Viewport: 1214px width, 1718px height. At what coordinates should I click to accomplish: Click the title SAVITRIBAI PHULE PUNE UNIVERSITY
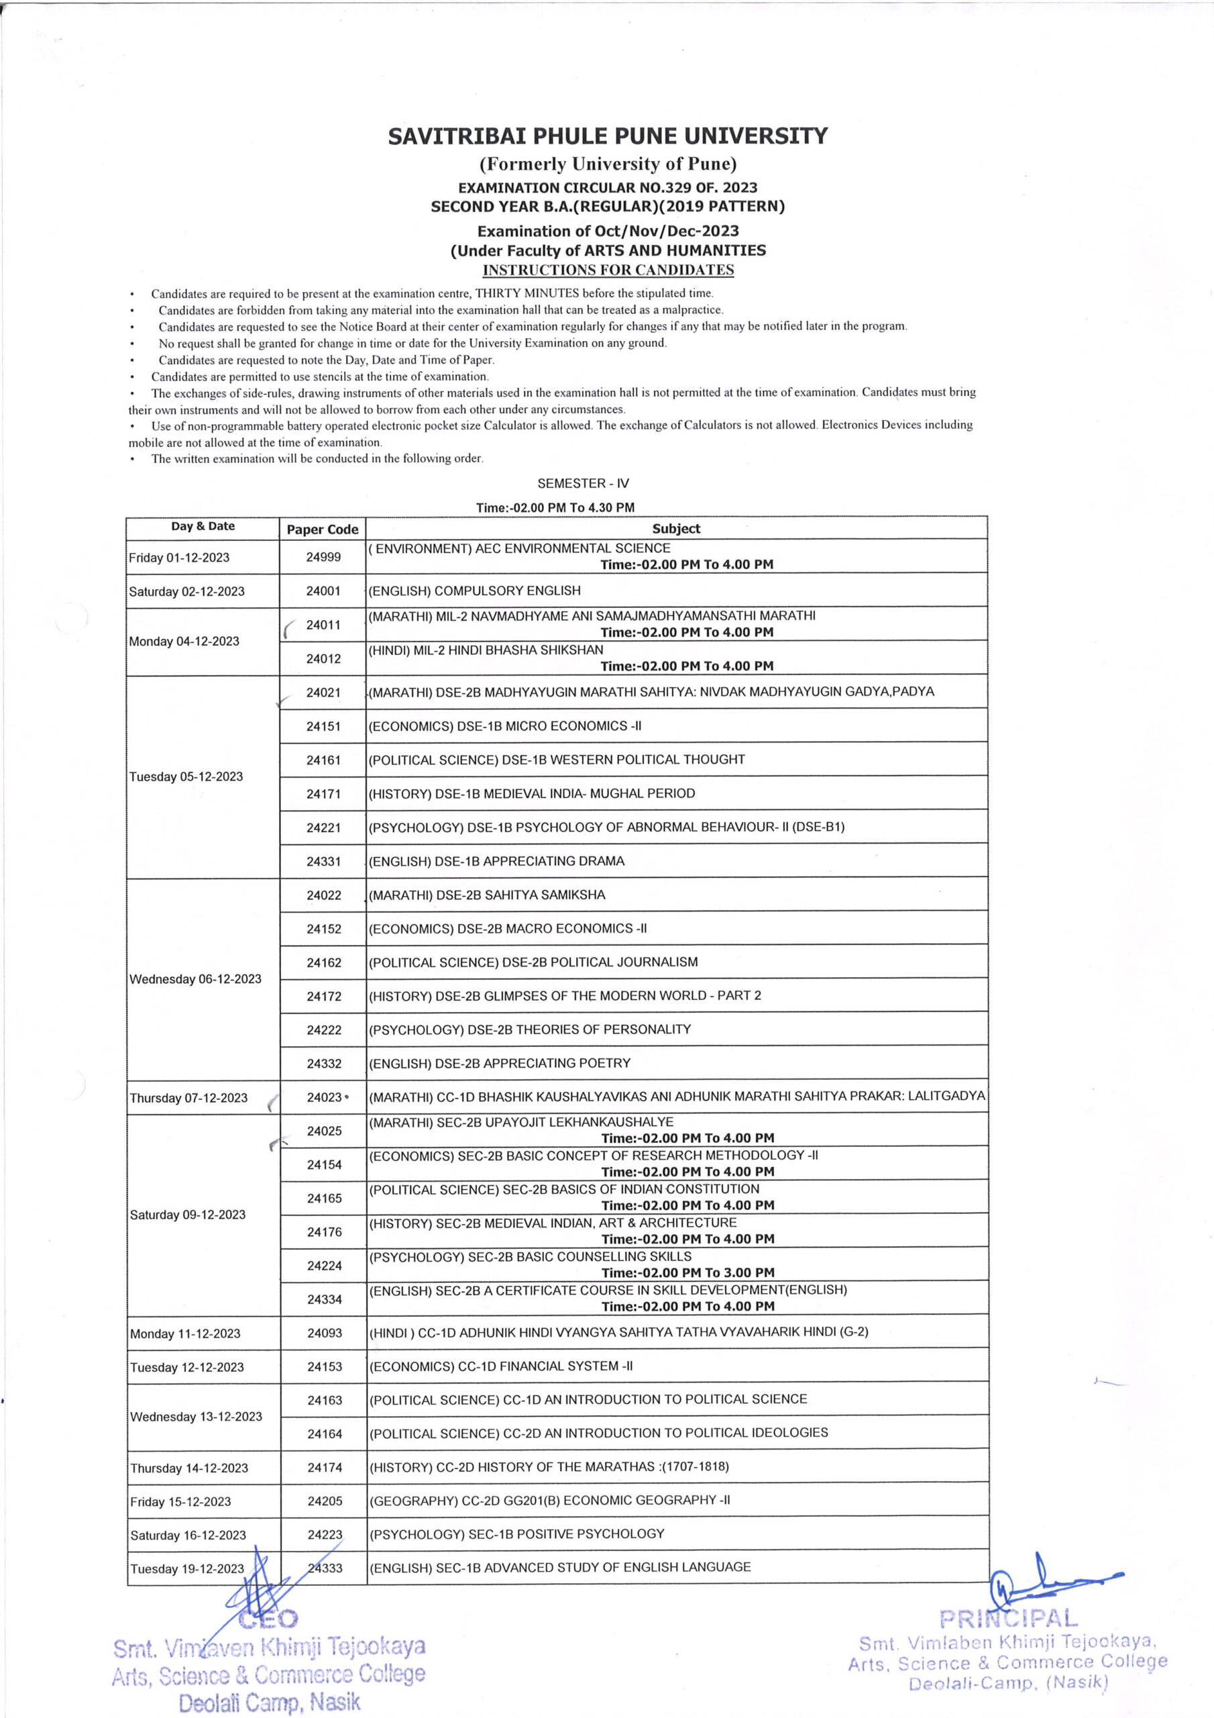(x=608, y=136)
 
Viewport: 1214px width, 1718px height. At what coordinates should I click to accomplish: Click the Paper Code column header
(x=323, y=529)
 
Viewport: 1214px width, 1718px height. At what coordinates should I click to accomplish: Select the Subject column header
(x=676, y=528)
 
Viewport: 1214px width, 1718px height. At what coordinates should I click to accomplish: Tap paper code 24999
(x=323, y=557)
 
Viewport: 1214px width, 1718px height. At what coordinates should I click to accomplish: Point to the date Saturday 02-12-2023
(x=187, y=591)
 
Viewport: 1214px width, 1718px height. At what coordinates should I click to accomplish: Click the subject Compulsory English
(x=474, y=591)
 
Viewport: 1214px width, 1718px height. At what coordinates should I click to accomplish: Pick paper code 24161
(x=323, y=760)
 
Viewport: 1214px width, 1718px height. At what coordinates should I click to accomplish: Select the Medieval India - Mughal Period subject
(x=532, y=793)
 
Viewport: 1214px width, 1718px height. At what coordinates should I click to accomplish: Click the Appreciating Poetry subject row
(x=500, y=1062)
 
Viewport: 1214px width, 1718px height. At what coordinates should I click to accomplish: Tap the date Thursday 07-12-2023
(x=188, y=1098)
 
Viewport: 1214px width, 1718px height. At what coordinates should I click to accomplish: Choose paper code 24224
(x=325, y=1265)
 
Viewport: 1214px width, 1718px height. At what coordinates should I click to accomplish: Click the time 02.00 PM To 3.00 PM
(x=687, y=1272)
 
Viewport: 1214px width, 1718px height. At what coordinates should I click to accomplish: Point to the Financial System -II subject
(x=500, y=1366)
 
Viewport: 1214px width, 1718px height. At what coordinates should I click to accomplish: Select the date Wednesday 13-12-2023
(x=196, y=1417)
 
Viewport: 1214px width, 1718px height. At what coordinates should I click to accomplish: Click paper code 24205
(x=325, y=1501)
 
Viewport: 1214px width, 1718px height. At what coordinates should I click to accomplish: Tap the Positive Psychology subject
(x=517, y=1533)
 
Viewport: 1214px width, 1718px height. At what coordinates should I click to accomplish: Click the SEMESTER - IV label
(x=584, y=483)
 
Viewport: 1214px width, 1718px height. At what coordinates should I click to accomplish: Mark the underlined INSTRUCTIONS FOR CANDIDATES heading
(x=608, y=270)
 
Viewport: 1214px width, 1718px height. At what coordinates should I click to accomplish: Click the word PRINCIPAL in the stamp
(x=1009, y=1619)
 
